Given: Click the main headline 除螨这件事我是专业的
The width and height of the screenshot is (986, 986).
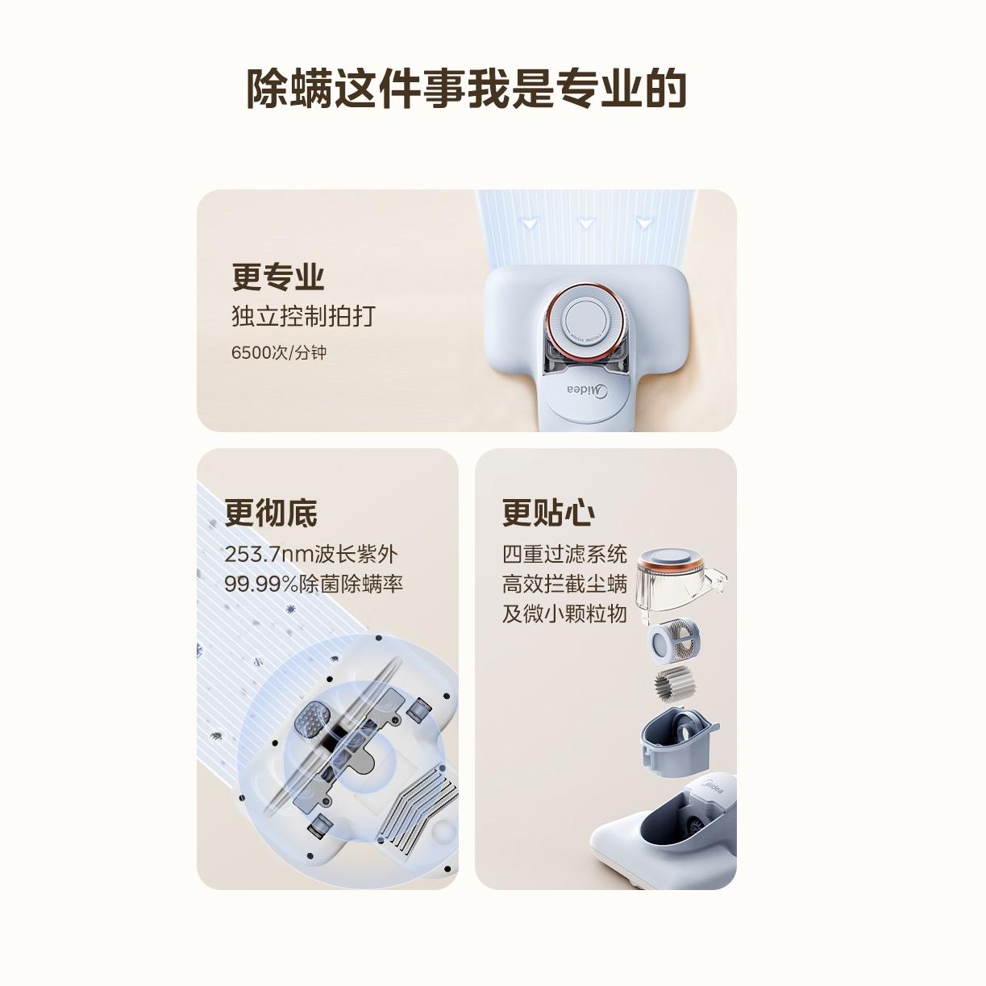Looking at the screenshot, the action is pos(466,89).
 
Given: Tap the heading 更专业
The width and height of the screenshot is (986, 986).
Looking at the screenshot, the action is pos(278,277).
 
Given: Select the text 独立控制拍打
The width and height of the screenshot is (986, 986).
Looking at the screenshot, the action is pos(303,316).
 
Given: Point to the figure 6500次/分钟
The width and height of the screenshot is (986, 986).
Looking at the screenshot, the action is pos(278,352).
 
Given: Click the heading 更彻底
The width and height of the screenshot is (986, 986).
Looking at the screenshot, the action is pos(271,512).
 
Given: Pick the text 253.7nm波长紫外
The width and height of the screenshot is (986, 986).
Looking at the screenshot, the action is pos(311,554).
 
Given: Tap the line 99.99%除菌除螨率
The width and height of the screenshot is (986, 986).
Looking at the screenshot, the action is pos(314,584).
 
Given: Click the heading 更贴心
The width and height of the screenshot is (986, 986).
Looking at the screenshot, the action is pos(548,512).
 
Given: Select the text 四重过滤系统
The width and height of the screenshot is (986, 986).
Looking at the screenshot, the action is pos(564,554).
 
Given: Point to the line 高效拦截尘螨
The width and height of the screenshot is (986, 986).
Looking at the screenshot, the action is pos(564,584).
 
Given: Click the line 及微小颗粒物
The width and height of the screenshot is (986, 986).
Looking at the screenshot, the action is pos(564,614).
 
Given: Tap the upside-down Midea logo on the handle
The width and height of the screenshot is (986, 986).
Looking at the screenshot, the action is pos(587,389).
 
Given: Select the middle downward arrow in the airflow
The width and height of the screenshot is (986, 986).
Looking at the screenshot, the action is pos(586,223).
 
